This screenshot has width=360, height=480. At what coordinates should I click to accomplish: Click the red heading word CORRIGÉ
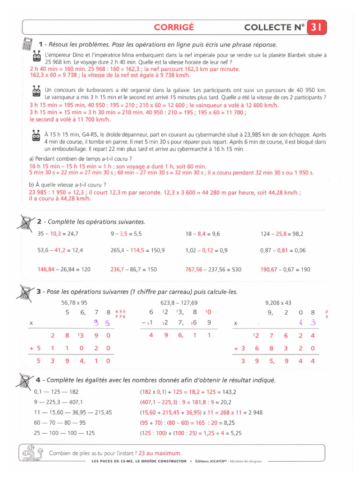pos(174,27)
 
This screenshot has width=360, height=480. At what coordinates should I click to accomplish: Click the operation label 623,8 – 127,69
pos(179,302)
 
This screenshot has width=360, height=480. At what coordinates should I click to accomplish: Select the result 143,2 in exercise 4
pos(229,392)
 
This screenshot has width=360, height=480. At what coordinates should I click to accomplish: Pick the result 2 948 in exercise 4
pos(253,412)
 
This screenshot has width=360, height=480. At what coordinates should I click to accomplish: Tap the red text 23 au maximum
pos(160,453)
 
